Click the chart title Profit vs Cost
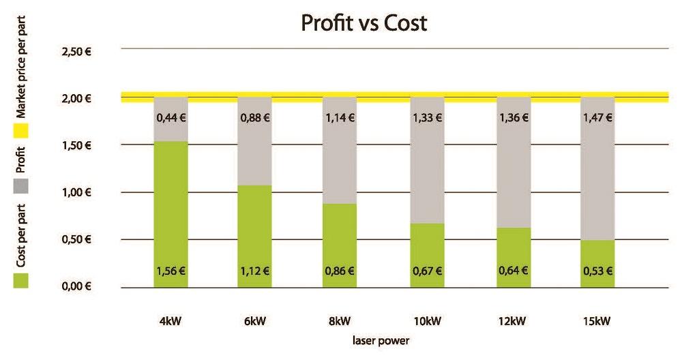[364, 24]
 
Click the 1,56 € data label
[171, 271]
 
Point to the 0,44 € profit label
[171, 117]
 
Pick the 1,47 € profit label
[597, 117]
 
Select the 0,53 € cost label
[597, 271]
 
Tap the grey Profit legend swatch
[20, 185]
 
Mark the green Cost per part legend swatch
[20, 280]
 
